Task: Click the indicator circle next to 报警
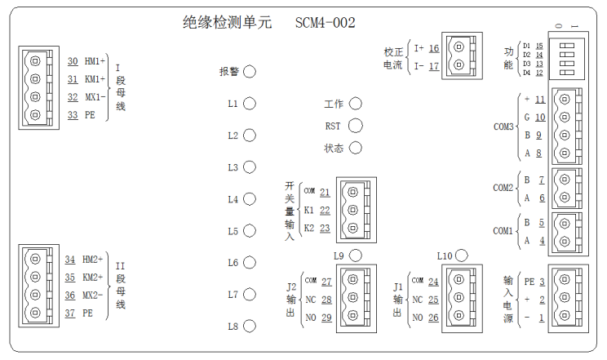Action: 250,72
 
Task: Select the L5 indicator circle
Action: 250,231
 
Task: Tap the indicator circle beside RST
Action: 355,126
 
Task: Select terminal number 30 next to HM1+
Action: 73,61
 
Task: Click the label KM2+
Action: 94,277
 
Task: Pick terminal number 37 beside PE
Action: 73,312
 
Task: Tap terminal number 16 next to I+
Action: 433,48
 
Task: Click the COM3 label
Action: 503,127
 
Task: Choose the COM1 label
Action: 503,231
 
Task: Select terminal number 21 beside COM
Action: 325,192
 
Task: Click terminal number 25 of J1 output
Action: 433,300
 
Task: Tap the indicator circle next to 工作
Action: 355,104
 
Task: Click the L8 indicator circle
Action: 250,327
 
